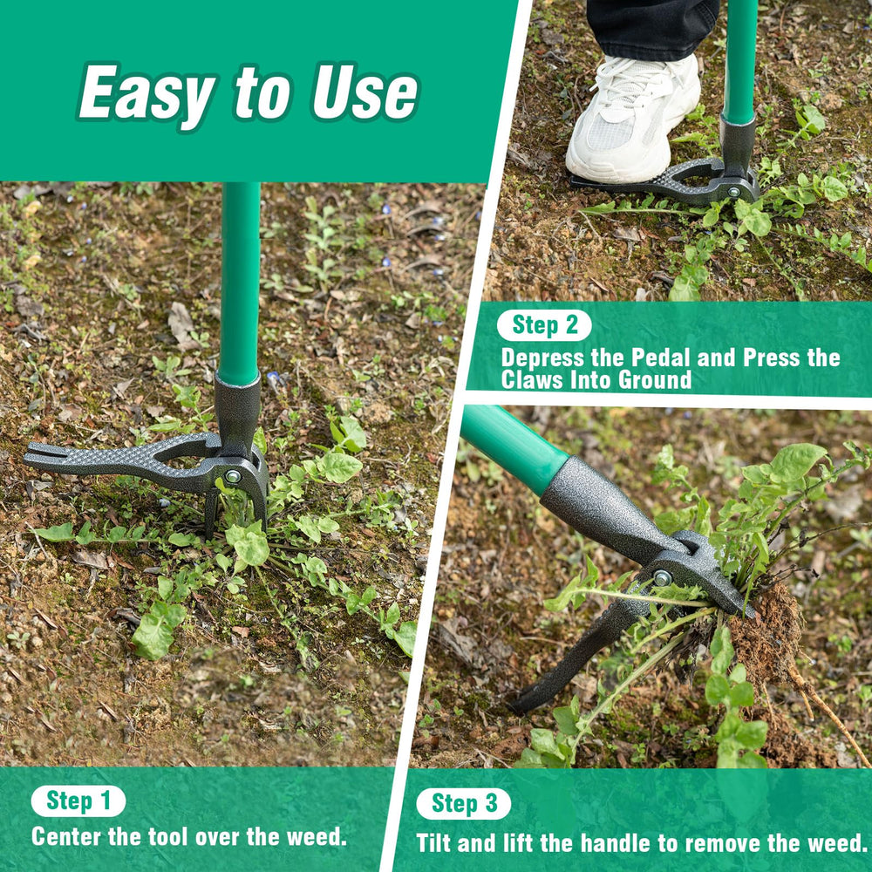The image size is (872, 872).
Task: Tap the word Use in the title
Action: click(x=364, y=92)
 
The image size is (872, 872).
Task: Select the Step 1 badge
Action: click(x=78, y=800)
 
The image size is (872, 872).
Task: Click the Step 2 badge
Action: click(x=544, y=324)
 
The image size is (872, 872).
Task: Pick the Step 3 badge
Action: click(x=464, y=804)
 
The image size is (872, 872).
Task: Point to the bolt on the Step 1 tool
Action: click(x=233, y=476)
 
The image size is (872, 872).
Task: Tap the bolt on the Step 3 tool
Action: click(x=663, y=578)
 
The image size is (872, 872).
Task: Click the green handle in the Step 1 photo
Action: click(x=240, y=283)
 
